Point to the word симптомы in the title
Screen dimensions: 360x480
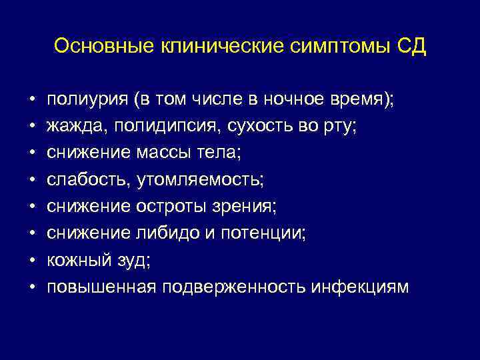[334, 47]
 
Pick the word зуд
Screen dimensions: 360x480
[133, 260]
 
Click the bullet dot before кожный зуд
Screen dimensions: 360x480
[32, 261]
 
